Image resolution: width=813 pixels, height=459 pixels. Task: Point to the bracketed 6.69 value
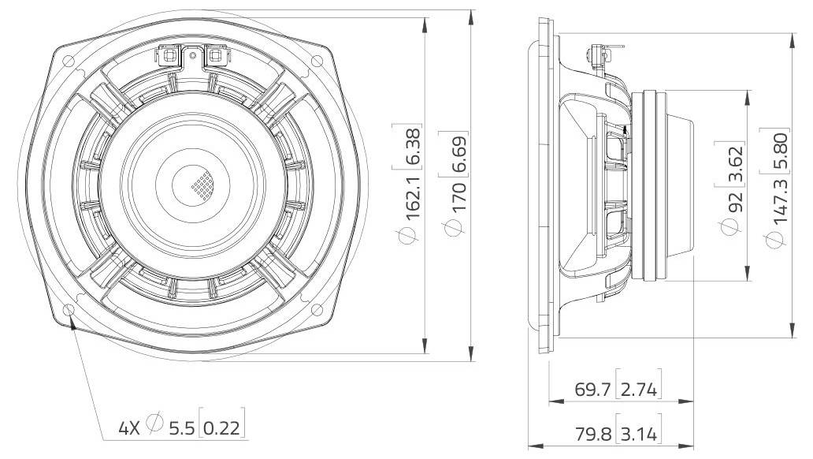[456, 157]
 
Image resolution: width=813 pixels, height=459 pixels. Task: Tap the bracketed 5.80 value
[779, 149]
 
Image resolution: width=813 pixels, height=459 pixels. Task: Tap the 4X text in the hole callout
[128, 428]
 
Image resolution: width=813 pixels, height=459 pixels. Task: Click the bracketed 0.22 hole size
[221, 428]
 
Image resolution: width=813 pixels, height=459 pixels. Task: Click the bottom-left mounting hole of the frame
[70, 309]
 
